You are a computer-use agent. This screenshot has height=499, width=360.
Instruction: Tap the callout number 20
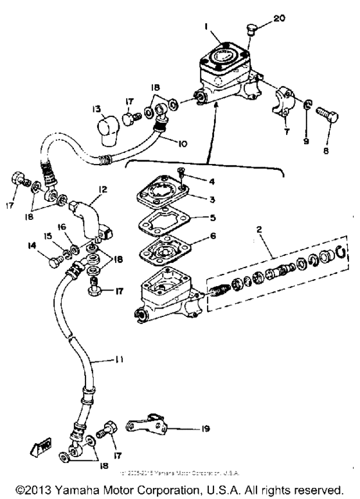[x=278, y=19]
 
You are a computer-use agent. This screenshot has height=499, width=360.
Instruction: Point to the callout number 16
[x=62, y=227]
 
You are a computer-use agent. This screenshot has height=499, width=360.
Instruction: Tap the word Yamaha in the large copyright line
[x=80, y=487]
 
